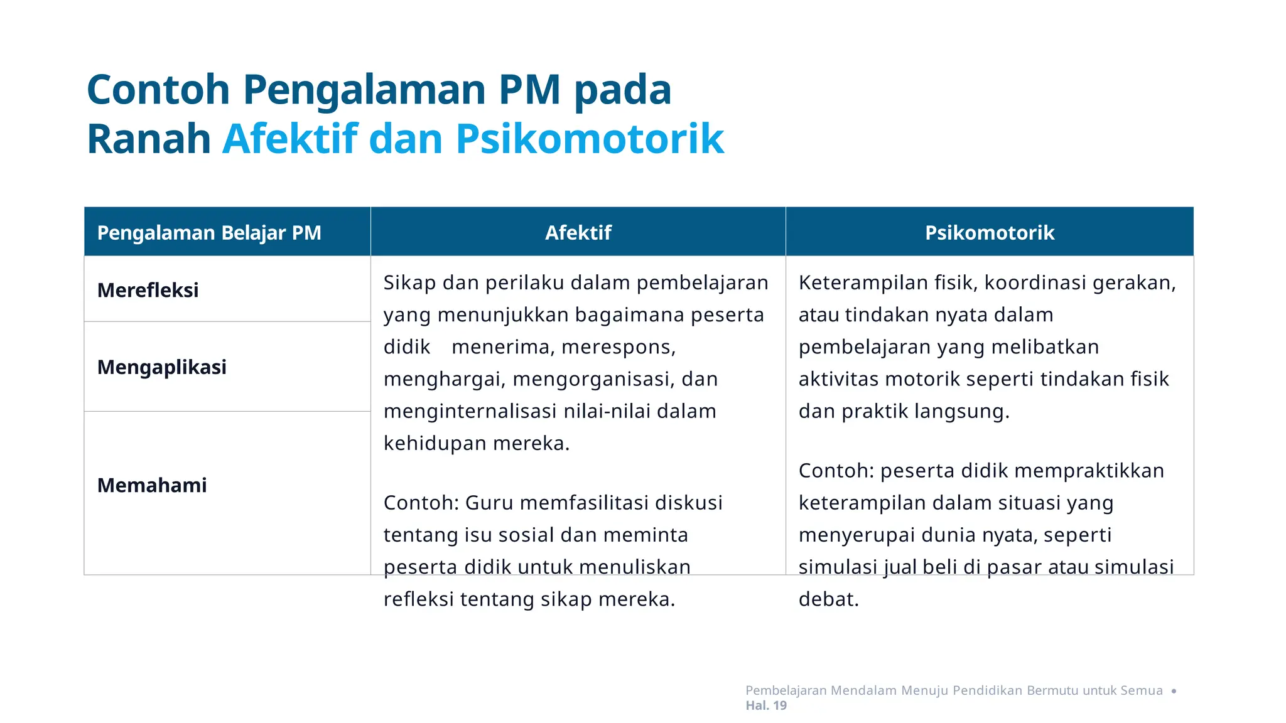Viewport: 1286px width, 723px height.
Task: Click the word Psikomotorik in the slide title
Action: click(x=589, y=139)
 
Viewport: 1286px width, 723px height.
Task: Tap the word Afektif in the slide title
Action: click(x=289, y=139)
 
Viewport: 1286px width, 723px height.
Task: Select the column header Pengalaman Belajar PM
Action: click(x=209, y=233)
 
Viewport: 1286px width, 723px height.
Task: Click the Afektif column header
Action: click(x=578, y=233)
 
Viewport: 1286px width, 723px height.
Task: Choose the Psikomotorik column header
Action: click(x=989, y=233)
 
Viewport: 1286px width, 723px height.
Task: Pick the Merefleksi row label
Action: click(x=148, y=290)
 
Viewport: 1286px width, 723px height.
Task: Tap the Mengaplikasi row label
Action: click(x=162, y=367)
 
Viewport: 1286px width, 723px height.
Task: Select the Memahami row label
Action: click(x=152, y=485)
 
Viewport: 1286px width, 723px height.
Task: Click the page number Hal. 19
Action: click(x=766, y=705)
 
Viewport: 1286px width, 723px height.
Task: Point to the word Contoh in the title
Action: click(x=158, y=89)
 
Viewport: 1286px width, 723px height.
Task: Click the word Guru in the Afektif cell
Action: click(x=489, y=503)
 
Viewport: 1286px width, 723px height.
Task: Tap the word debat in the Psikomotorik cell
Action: click(x=828, y=599)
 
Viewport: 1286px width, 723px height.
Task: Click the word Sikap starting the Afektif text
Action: click(x=409, y=283)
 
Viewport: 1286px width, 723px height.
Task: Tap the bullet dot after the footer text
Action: click(x=1174, y=691)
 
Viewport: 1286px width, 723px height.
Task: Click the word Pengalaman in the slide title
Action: click(x=364, y=89)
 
